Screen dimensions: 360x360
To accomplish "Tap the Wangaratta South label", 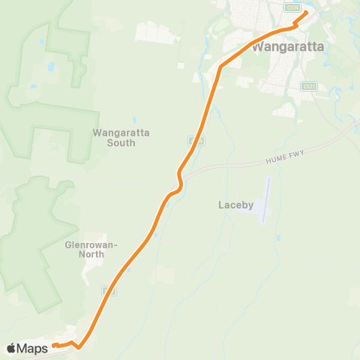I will (121, 137).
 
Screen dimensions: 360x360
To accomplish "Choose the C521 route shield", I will (307, 86).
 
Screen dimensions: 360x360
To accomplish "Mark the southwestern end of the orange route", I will (55, 346).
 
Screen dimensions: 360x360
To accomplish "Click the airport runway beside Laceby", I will (265, 200).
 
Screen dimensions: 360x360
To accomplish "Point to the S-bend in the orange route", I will (178, 180).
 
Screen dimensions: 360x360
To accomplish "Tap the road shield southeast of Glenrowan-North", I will (110, 289).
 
